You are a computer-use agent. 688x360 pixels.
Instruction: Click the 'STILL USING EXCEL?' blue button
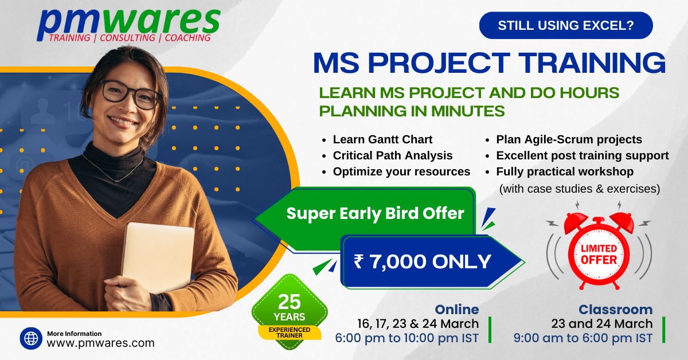click(x=566, y=25)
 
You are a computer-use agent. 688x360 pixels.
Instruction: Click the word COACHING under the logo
click(x=187, y=38)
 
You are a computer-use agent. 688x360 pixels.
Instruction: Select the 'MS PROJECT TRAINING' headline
click(x=489, y=62)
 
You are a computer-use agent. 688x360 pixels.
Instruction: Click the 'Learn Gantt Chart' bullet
click(x=382, y=139)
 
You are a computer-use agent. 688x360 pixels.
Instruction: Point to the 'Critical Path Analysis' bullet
click(x=393, y=155)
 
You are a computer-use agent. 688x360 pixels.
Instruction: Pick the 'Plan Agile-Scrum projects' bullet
click(x=569, y=139)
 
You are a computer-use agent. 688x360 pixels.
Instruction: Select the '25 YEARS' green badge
click(x=290, y=311)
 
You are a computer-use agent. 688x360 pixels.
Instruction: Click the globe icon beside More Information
click(x=31, y=338)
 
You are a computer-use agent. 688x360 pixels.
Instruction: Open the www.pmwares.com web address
click(x=100, y=343)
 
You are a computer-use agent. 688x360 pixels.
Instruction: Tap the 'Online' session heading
click(x=457, y=310)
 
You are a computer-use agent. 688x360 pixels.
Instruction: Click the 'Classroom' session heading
click(x=616, y=310)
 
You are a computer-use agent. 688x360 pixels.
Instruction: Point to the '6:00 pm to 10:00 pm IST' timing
click(x=406, y=338)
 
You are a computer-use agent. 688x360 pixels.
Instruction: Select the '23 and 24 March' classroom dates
click(x=601, y=323)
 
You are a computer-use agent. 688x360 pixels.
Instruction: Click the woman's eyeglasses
click(x=131, y=93)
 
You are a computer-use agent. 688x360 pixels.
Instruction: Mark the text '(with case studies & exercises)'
click(x=580, y=189)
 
